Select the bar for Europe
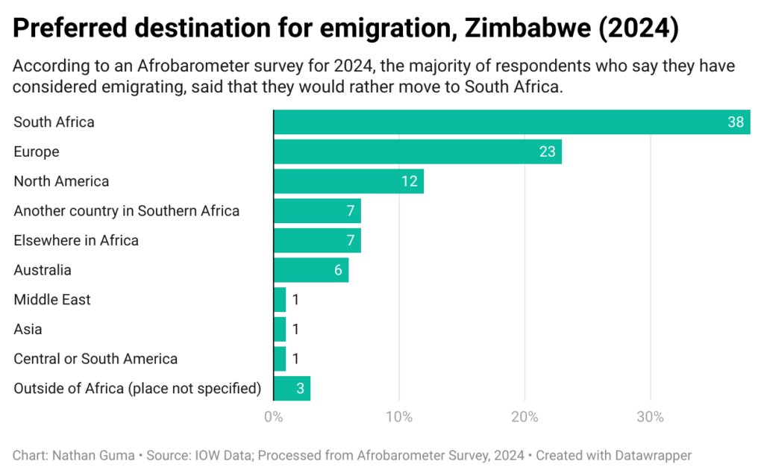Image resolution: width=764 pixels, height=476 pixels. point(417,151)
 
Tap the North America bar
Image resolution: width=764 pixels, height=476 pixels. point(348,181)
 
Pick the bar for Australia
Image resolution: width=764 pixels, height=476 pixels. point(310,270)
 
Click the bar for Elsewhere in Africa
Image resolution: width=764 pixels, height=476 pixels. point(317,240)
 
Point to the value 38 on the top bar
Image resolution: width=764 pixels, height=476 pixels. point(736,122)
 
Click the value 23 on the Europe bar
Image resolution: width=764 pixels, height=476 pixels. point(548,151)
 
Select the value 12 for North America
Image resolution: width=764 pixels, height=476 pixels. point(409,181)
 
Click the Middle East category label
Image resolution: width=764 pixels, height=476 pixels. point(52,300)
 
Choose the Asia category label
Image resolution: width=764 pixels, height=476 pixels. point(28,329)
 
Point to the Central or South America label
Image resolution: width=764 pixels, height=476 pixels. point(95,359)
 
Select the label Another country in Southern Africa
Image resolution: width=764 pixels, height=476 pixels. point(127,211)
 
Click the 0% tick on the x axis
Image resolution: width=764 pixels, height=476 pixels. point(274,417)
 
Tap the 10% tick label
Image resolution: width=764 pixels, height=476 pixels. point(399,417)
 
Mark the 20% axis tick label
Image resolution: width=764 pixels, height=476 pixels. point(525,417)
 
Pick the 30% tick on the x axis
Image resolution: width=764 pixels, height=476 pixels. point(650,417)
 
